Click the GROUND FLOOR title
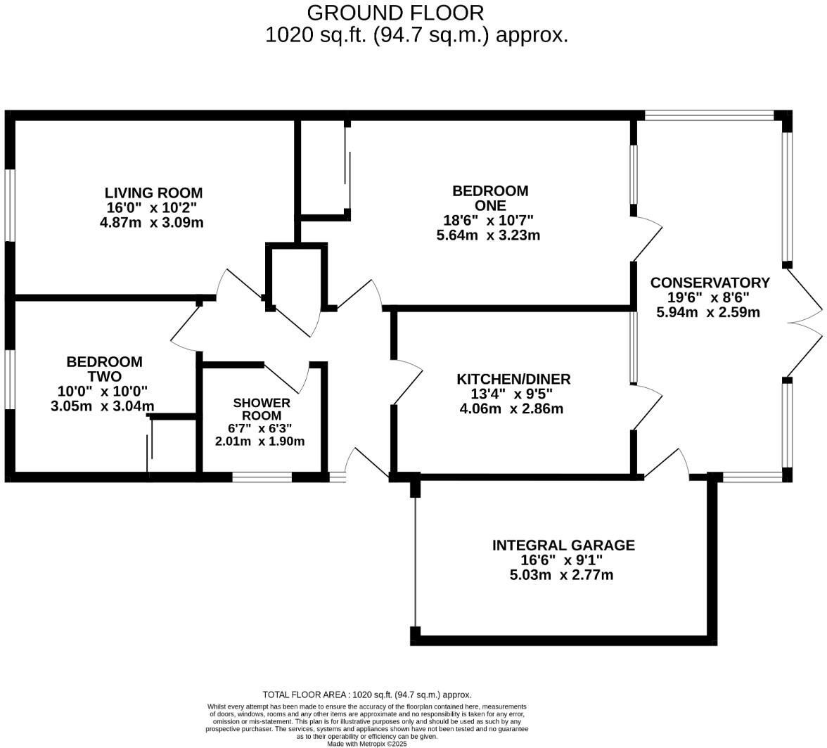[395, 13]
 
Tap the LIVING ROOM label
[153, 193]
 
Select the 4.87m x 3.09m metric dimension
[152, 222]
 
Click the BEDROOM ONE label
[489, 198]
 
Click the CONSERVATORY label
[710, 283]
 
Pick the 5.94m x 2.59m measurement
[708, 312]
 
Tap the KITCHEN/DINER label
[513, 380]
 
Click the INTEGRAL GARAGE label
[563, 546]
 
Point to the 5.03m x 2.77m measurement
[561, 575]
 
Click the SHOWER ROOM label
[262, 409]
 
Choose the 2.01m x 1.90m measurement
[259, 441]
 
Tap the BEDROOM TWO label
[104, 369]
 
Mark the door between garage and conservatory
[665, 464]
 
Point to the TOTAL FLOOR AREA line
[366, 695]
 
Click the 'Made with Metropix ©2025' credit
[366, 743]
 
